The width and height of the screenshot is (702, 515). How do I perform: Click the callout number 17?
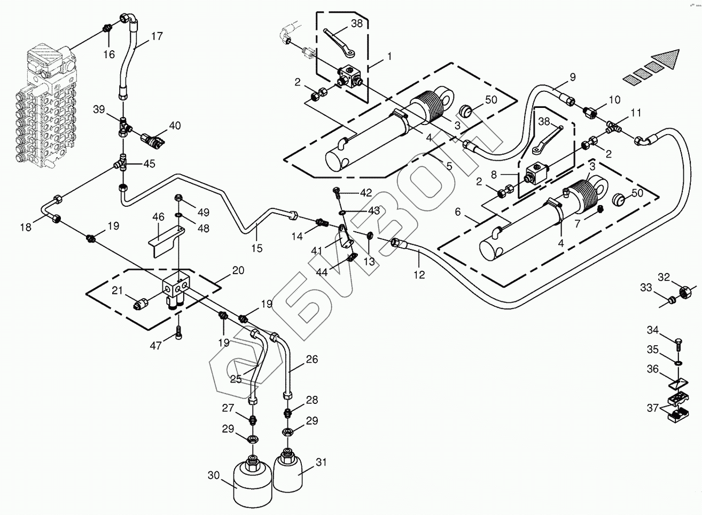pyautogui.click(x=157, y=36)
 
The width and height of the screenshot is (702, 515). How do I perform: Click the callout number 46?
pyautogui.click(x=158, y=217)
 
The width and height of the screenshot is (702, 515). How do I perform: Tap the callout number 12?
pyautogui.click(x=419, y=275)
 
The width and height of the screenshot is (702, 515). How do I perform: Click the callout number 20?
pyautogui.click(x=238, y=270)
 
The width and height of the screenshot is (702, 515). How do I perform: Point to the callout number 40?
pyautogui.click(x=175, y=126)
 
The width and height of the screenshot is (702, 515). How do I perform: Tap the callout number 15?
pyautogui.click(x=256, y=248)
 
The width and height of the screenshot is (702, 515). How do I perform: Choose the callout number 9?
pyautogui.click(x=573, y=77)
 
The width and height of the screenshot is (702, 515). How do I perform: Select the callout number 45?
pyautogui.click(x=150, y=163)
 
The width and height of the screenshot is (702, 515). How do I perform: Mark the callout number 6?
pyautogui.click(x=458, y=212)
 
